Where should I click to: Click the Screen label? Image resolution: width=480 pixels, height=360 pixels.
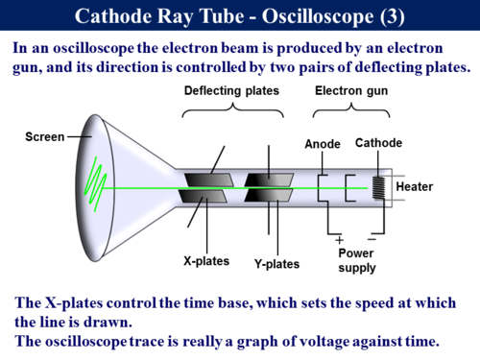click(x=45, y=137)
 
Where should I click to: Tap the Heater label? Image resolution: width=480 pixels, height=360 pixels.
click(x=415, y=186)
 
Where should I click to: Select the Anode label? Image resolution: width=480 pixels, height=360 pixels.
click(x=322, y=143)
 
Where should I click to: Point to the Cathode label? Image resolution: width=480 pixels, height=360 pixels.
click(x=378, y=143)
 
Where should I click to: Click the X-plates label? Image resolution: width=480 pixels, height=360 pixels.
click(x=204, y=260)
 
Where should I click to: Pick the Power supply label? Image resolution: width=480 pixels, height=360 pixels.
click(x=356, y=261)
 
